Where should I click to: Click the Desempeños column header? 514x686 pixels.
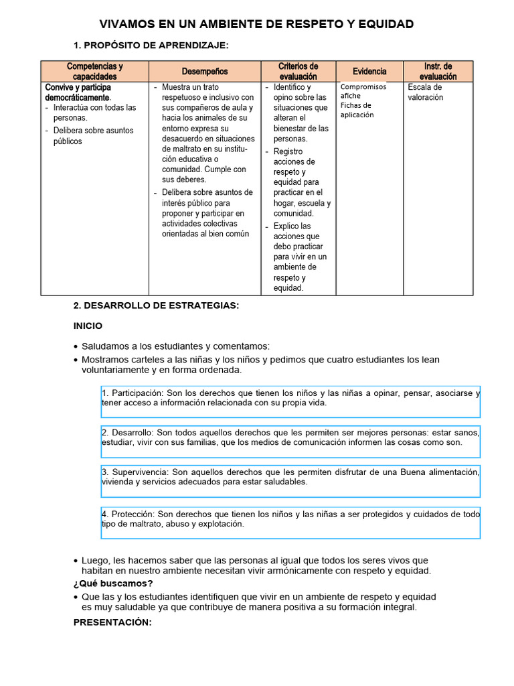point(205,72)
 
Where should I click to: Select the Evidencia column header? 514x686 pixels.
point(370,72)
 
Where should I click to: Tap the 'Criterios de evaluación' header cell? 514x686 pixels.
point(298,72)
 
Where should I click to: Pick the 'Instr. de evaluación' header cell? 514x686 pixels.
point(438,72)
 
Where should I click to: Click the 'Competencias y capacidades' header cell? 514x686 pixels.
point(95,72)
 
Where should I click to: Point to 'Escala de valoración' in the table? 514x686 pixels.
point(425,92)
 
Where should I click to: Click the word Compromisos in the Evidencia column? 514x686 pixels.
point(363,86)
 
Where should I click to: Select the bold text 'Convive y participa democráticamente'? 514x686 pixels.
point(78,92)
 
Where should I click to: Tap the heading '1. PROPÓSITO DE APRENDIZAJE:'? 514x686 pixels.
point(151,45)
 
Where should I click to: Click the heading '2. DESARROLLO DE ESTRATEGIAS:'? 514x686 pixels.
point(156,305)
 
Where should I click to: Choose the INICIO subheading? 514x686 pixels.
point(88,326)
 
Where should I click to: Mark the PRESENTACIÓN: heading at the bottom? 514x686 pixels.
point(113,622)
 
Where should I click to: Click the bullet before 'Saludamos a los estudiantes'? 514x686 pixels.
point(76,346)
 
